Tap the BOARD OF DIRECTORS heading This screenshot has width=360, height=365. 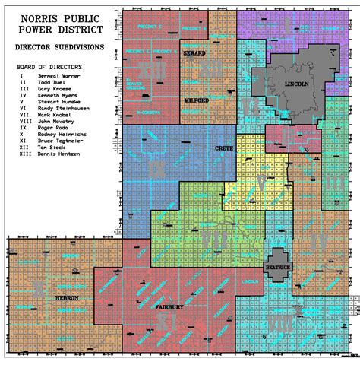pyautogui.click(x=49, y=66)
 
